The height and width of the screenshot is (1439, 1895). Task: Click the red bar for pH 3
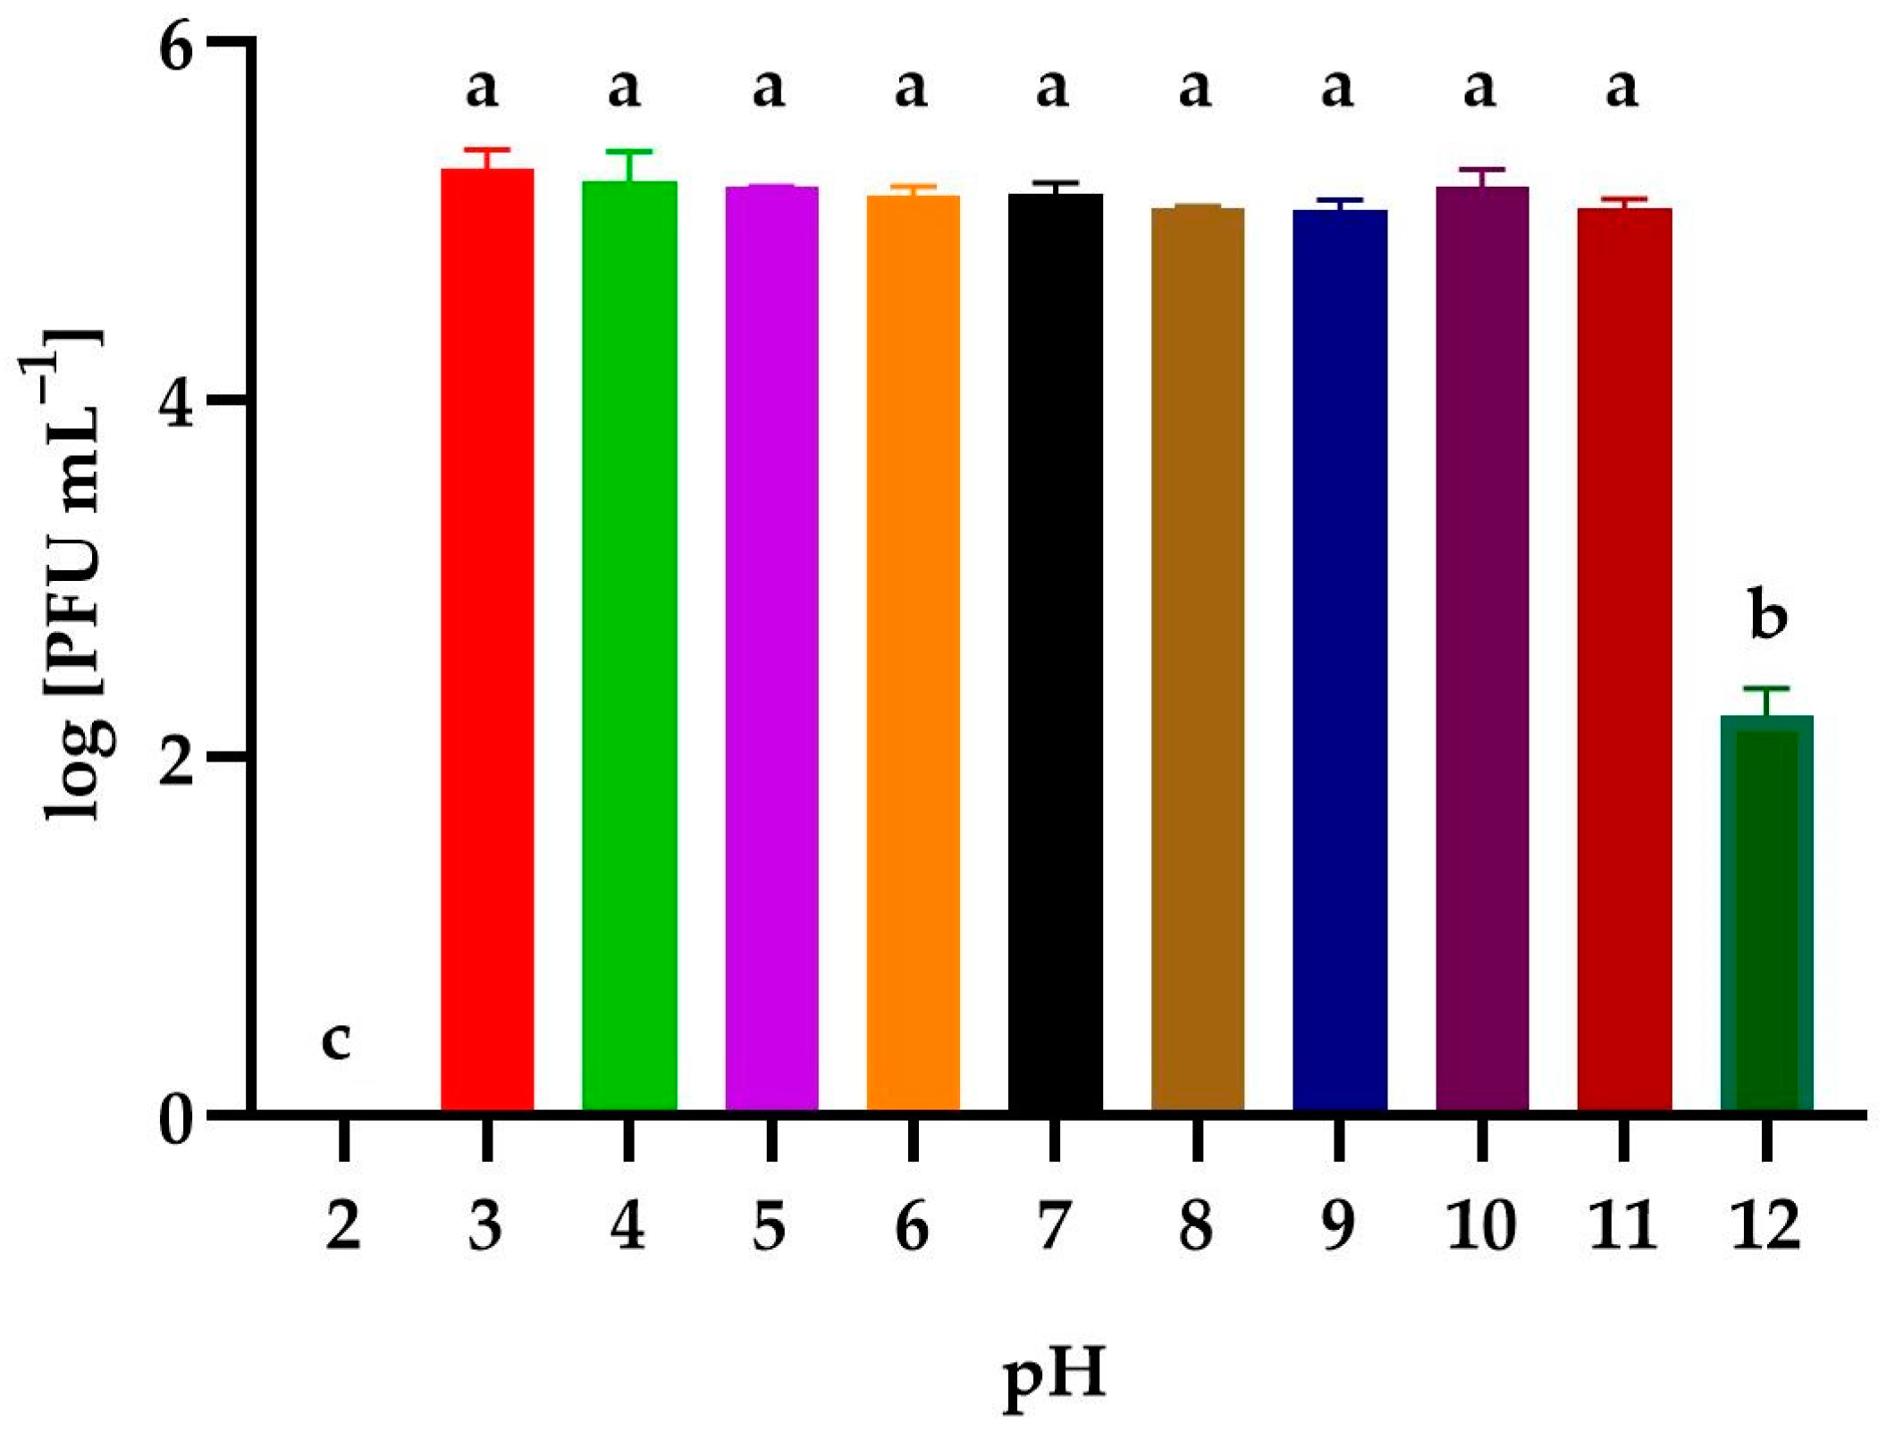487,639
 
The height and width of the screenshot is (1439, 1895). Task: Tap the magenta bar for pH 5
771,648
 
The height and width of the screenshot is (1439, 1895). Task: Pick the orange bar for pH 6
913,652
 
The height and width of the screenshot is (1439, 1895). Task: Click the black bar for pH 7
1055,652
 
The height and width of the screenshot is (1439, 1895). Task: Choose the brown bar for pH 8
1197,659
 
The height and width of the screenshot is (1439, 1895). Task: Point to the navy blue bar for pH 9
1339,660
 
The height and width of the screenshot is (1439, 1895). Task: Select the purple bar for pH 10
1481,648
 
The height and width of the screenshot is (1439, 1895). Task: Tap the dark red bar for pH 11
1623,659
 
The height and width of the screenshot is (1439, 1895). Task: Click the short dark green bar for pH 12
1766,912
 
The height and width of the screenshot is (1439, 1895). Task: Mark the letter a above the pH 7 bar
1053,88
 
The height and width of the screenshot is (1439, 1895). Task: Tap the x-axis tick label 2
343,1226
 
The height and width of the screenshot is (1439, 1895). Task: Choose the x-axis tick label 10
1481,1226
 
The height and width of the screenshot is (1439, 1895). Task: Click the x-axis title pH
1055,1376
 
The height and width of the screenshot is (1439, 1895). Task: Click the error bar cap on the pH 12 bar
1766,688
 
